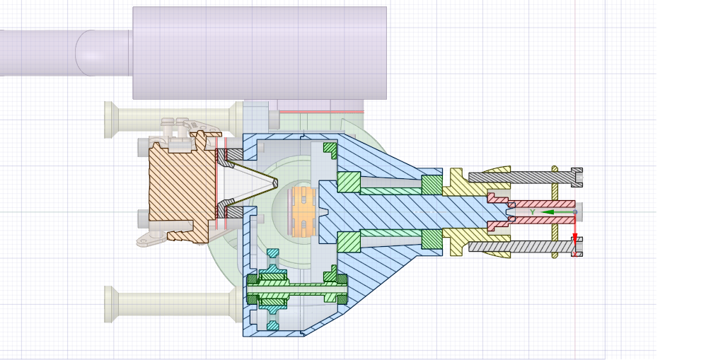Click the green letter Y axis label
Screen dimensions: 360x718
pyautogui.click(x=532, y=211)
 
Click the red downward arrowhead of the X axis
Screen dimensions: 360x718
pyautogui.click(x=574, y=238)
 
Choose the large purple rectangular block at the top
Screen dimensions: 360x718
pyautogui.click(x=259, y=52)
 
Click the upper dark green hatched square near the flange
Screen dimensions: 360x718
pyautogui.click(x=432, y=184)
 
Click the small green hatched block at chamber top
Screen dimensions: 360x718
pyautogui.click(x=330, y=149)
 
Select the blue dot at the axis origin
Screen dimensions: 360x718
pyautogui.click(x=574, y=211)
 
